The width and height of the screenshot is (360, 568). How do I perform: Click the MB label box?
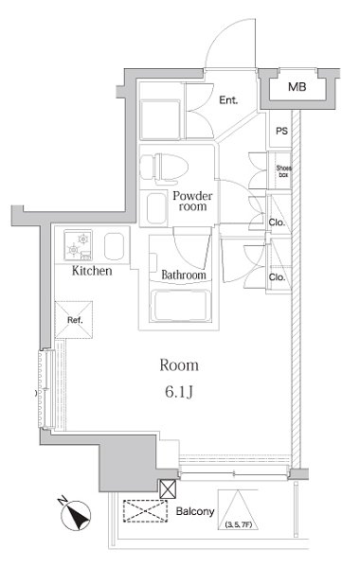297,88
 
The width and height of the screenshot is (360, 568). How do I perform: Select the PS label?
281,132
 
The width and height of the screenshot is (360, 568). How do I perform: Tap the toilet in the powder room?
162,168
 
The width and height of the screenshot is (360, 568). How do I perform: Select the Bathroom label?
183,275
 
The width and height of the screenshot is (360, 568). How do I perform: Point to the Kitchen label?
92,271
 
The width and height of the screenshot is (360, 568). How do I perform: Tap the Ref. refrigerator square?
74,319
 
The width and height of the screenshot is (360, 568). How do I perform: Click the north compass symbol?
73,517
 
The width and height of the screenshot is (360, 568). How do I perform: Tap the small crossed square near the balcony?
168,488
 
